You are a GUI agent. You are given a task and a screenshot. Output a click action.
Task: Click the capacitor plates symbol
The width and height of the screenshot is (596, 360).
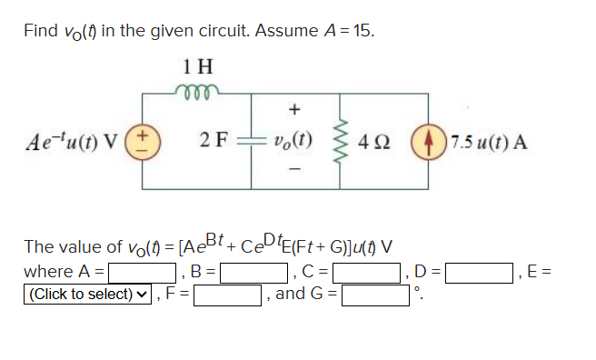[x=251, y=144]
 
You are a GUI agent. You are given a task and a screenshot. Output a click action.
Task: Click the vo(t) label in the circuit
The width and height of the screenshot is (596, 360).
[x=293, y=144]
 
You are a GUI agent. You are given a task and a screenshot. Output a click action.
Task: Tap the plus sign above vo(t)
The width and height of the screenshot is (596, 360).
[x=293, y=111]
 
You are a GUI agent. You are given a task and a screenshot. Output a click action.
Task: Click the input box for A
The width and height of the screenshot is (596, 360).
[x=143, y=272]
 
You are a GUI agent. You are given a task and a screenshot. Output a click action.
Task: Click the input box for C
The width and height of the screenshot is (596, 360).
[x=369, y=272]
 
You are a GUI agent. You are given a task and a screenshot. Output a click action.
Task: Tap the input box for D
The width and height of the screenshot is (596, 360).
[x=478, y=272]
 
